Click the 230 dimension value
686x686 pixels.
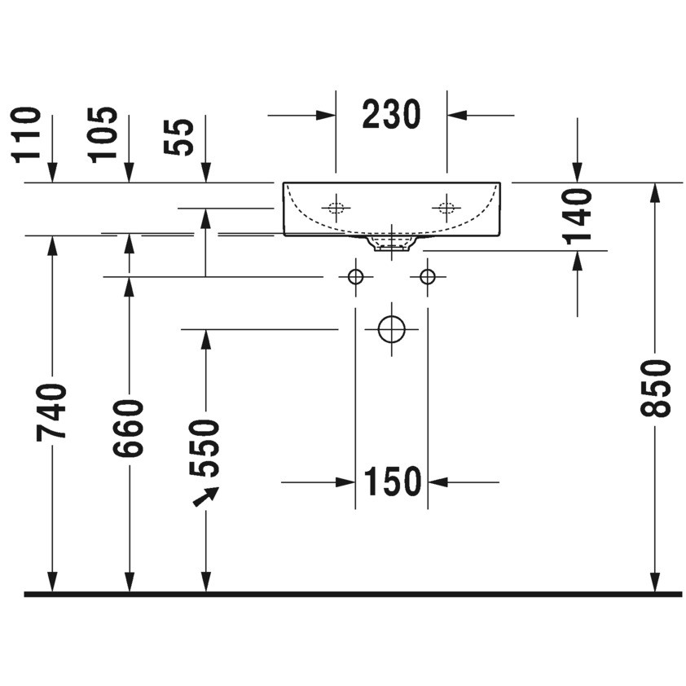click(x=391, y=115)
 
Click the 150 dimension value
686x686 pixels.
click(x=393, y=482)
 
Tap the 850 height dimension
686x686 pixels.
click(x=655, y=388)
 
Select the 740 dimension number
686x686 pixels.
click(x=51, y=411)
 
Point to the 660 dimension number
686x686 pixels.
click(x=129, y=429)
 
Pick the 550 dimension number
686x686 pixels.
click(x=204, y=448)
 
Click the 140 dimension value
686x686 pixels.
click(x=577, y=216)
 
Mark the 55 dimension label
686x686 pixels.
click(x=178, y=137)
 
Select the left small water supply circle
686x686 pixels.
click(x=356, y=277)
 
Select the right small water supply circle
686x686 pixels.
click(x=428, y=277)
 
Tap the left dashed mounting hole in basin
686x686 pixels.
click(x=336, y=208)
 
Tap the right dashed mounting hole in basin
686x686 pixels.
click(x=446, y=208)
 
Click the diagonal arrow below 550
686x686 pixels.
click(x=206, y=496)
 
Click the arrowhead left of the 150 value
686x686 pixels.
click(x=345, y=482)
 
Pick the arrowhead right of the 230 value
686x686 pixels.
click(x=457, y=116)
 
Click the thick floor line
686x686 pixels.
click(x=353, y=594)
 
